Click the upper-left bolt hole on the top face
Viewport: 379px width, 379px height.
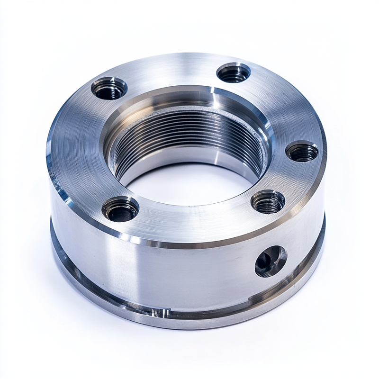pos(109,89)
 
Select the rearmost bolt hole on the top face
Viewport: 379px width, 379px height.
pos(233,73)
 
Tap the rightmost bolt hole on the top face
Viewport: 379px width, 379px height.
pos(302,152)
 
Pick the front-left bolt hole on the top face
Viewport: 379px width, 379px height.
pos(120,209)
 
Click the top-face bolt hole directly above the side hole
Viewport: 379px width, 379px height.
pos(268,202)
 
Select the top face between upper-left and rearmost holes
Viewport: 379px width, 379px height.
pos(171,71)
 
